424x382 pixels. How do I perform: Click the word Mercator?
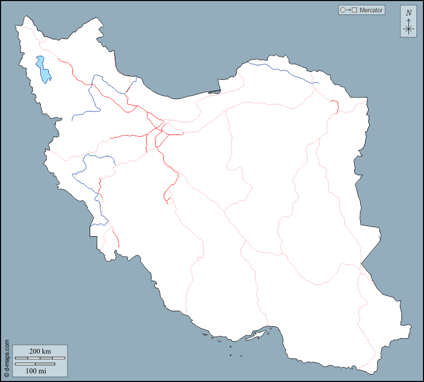(372, 10)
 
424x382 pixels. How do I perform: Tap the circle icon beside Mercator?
(342, 10)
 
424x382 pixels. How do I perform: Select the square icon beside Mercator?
(355, 10)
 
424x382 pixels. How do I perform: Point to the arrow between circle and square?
(348, 10)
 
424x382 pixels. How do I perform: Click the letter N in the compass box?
(408, 13)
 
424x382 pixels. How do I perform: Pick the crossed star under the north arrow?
(408, 29)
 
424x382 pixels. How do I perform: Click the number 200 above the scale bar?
(34, 351)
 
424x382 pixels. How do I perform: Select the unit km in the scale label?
(47, 351)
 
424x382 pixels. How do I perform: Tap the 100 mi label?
(35, 370)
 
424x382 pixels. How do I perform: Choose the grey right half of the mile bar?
(45, 364)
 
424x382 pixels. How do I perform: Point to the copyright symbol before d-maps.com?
(6, 376)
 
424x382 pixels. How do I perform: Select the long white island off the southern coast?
(261, 334)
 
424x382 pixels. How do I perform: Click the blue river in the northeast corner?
(284, 69)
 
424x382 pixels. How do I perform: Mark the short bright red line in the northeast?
(335, 106)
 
